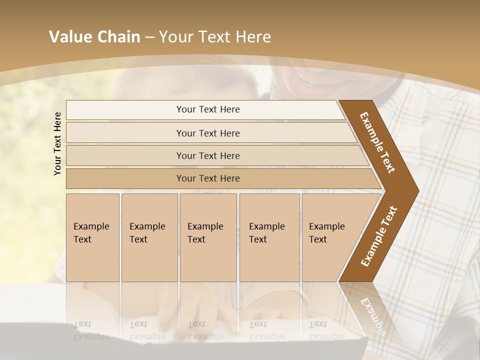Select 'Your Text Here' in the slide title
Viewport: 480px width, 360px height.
click(215, 37)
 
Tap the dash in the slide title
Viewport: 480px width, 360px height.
click(149, 37)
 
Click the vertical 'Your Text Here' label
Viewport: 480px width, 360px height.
click(57, 143)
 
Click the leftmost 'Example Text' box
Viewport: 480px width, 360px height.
click(92, 237)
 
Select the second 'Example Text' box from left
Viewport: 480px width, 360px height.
click(149, 237)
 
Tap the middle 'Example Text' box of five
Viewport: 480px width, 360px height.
click(208, 237)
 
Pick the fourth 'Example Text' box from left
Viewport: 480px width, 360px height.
click(269, 237)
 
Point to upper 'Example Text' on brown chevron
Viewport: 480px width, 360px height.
click(377, 142)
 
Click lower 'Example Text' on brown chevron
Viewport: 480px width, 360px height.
click(378, 236)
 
